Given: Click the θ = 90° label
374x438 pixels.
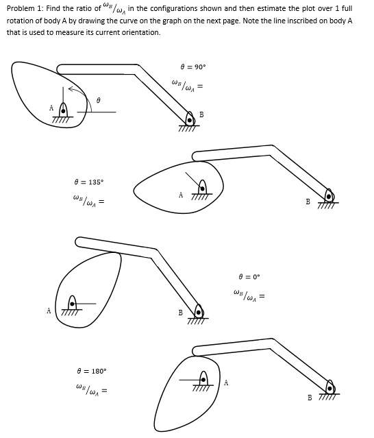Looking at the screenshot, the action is pyautogui.click(x=193, y=67).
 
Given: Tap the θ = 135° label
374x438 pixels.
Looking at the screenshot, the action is pyautogui.click(x=89, y=182).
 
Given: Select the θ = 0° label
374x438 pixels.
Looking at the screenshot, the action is pyautogui.click(x=249, y=277).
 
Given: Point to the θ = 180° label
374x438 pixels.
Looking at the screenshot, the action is pyautogui.click(x=92, y=372).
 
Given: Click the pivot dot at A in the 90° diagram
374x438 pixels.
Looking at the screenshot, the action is pyautogui.click(x=63, y=111).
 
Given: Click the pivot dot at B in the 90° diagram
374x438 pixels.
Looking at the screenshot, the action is pyautogui.click(x=190, y=121).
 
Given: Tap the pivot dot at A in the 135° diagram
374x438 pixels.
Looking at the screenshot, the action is pyautogui.click(x=202, y=188).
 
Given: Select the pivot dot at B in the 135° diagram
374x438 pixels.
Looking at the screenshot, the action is pyautogui.click(x=329, y=197).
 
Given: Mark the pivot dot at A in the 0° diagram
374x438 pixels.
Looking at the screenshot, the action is pyautogui.click(x=73, y=304).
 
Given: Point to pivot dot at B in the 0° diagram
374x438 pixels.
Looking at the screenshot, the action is pyautogui.click(x=199, y=313).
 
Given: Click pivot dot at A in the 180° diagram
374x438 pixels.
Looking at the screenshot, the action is pyautogui.click(x=203, y=380).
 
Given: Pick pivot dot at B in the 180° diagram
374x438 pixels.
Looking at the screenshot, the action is pyautogui.click(x=330, y=389).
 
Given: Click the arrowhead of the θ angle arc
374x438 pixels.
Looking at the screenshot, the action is pyautogui.click(x=71, y=89).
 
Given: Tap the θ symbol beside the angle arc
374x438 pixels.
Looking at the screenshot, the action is pyautogui.click(x=98, y=99).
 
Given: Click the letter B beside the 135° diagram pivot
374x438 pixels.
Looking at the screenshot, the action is pyautogui.click(x=308, y=202).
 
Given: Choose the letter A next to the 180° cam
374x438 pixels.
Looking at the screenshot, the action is pyautogui.click(x=226, y=382).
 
